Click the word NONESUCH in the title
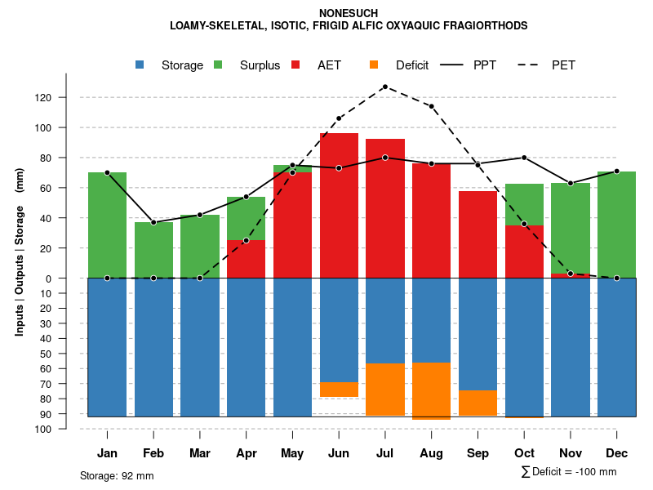(x=349, y=14)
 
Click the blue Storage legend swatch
(x=140, y=65)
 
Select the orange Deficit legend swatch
(x=374, y=65)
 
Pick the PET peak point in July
(x=384, y=87)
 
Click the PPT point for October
(x=524, y=158)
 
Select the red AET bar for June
(x=339, y=204)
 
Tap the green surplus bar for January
(x=107, y=225)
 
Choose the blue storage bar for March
(x=200, y=347)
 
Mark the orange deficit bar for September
(x=478, y=403)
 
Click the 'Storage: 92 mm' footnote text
(x=117, y=475)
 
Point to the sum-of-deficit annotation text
(x=569, y=472)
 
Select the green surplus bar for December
(x=616, y=225)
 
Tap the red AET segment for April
(x=246, y=259)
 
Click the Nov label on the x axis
(x=570, y=453)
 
